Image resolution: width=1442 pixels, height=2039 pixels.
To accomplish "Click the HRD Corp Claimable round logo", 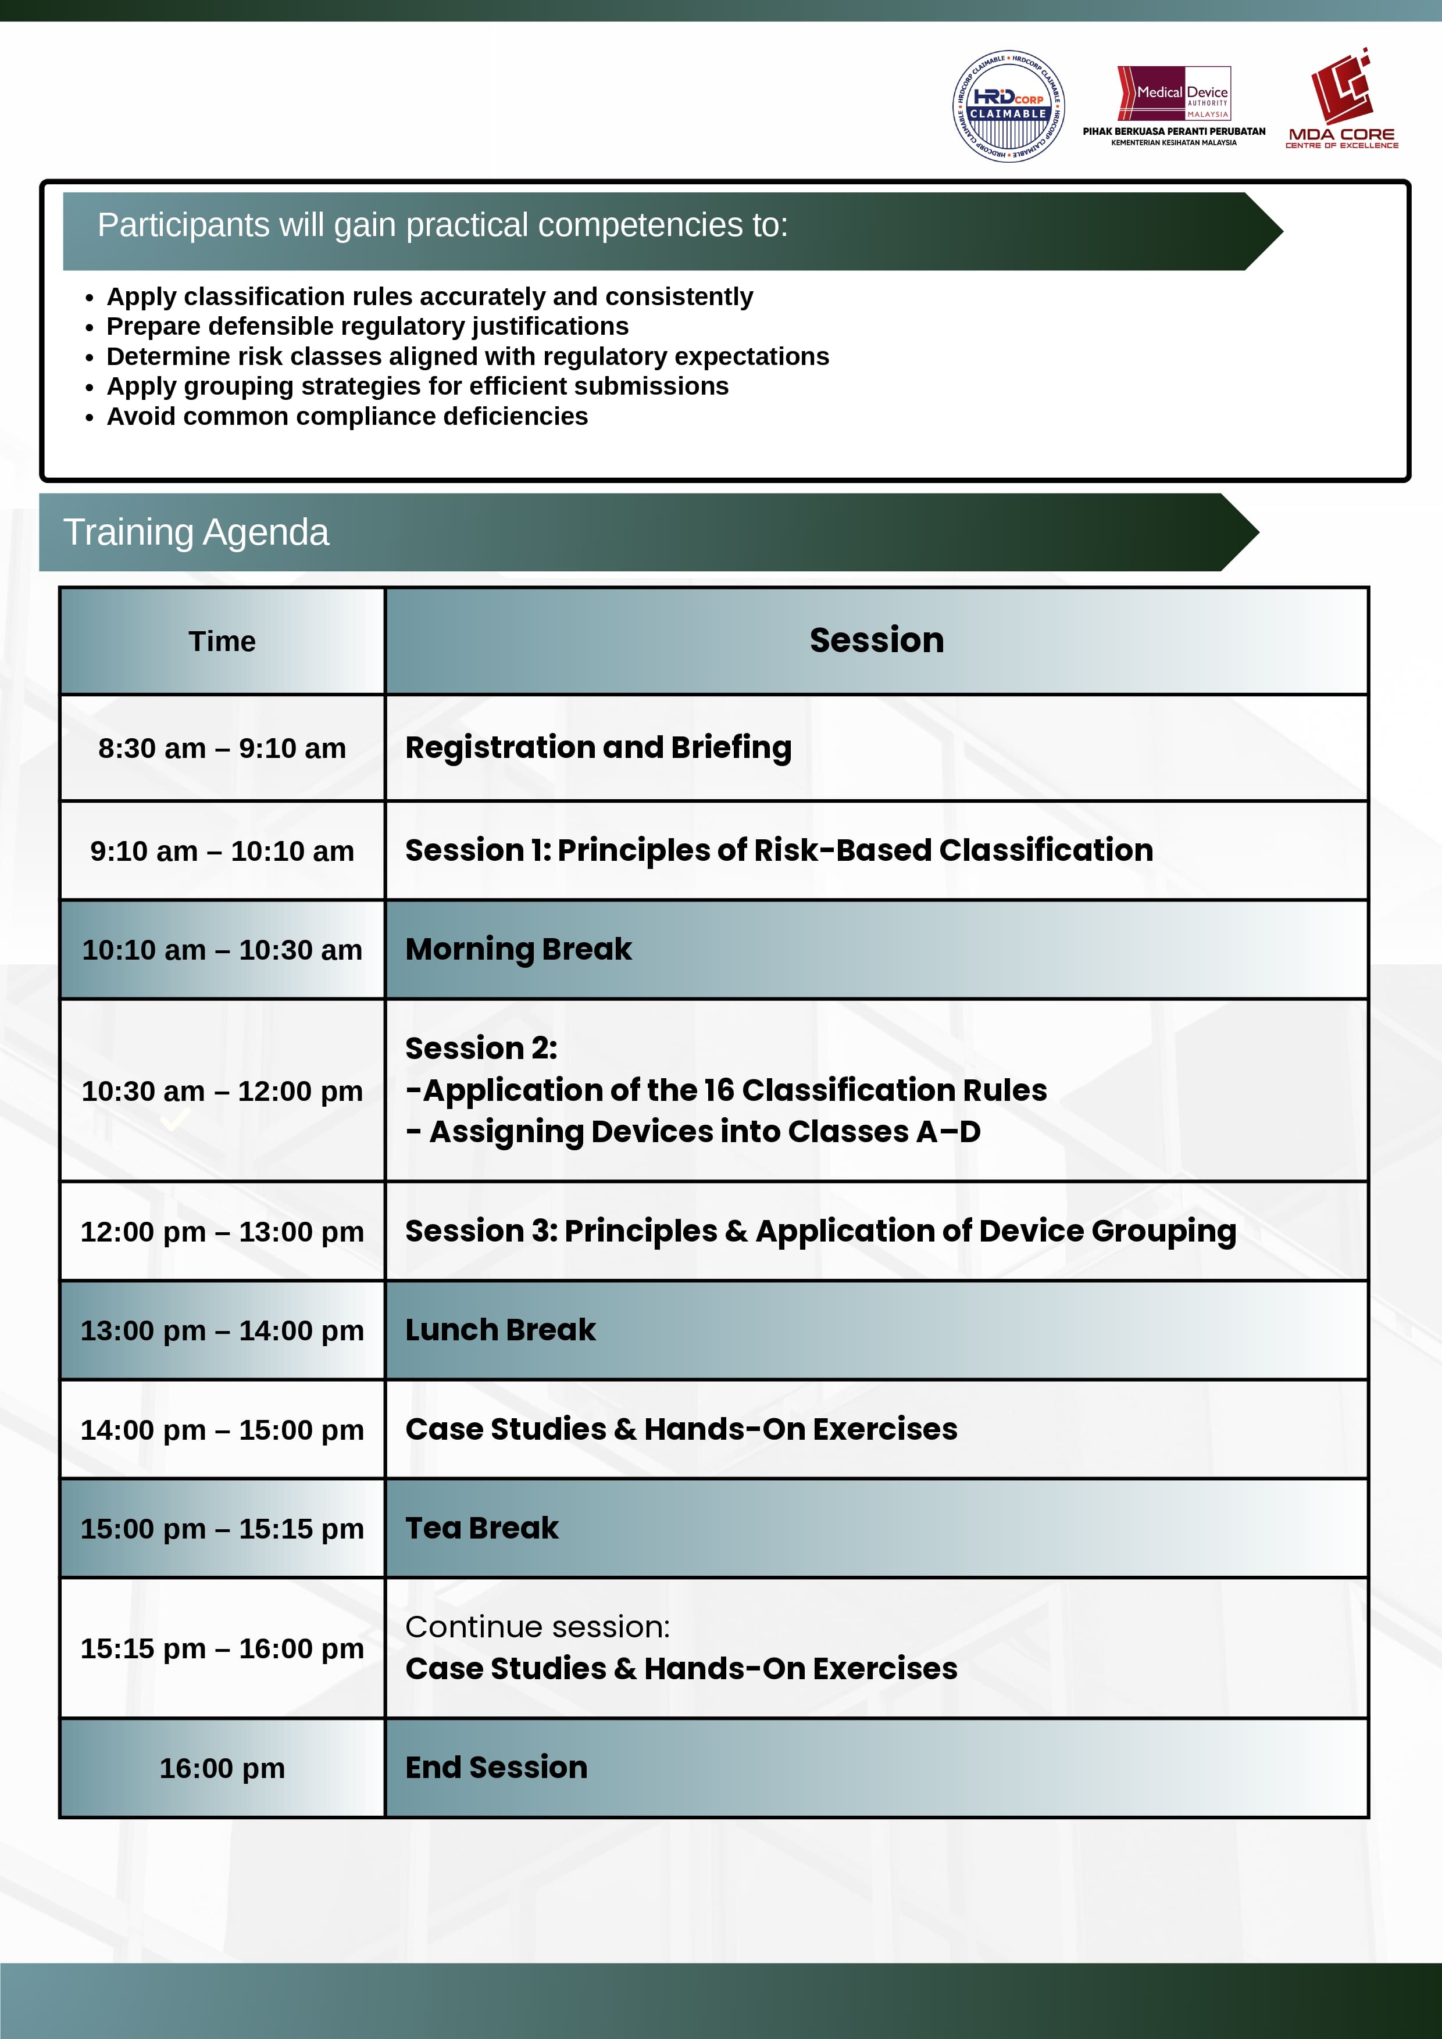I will click(1008, 106).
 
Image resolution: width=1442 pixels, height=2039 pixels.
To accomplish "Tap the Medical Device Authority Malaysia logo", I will click(1174, 105).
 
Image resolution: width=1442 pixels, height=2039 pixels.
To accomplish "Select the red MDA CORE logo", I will click(1341, 99).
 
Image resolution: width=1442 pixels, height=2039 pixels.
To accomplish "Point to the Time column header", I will click(222, 641).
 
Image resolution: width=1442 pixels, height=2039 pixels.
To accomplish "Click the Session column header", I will click(876, 641).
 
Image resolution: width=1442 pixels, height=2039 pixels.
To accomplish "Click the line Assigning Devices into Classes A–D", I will click(694, 1132).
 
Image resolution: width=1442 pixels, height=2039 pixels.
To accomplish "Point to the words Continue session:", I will click(537, 1627).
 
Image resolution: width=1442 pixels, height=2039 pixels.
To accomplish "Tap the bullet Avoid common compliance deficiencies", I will click(347, 417).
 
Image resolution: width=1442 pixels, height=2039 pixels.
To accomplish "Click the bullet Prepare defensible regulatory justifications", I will click(367, 327).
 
